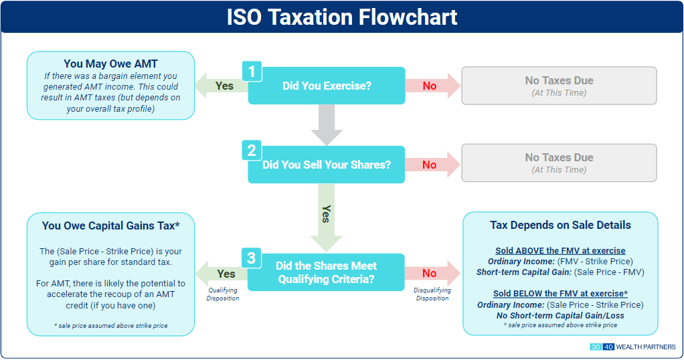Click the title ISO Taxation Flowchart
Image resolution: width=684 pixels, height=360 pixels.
pyautogui.click(x=341, y=17)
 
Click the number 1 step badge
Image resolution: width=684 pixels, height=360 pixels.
pyautogui.click(x=252, y=71)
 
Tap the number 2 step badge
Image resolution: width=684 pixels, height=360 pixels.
pyautogui.click(x=252, y=151)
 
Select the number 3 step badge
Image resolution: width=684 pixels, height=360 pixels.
pyautogui.click(x=252, y=258)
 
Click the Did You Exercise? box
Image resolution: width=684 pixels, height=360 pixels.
pyautogui.click(x=327, y=86)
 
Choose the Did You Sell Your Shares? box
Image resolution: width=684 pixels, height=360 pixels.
pyautogui.click(x=327, y=165)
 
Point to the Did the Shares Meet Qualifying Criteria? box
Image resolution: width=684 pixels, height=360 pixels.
pyautogui.click(x=327, y=273)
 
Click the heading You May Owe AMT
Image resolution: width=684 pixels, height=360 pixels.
pyautogui.click(x=110, y=64)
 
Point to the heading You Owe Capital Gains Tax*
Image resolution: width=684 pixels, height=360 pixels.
pyautogui.click(x=110, y=226)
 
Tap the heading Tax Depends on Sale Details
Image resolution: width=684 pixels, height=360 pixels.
pyautogui.click(x=560, y=225)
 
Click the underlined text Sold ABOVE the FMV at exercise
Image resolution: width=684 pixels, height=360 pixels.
pyautogui.click(x=560, y=250)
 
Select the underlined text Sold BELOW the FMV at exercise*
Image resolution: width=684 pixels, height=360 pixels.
pyautogui.click(x=560, y=294)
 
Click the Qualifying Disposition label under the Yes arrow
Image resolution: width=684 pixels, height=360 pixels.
pyautogui.click(x=222, y=294)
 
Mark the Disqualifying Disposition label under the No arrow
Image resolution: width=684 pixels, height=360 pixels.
pyautogui.click(x=432, y=294)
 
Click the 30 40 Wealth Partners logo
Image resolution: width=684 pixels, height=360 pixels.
pyautogui.click(x=632, y=347)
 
